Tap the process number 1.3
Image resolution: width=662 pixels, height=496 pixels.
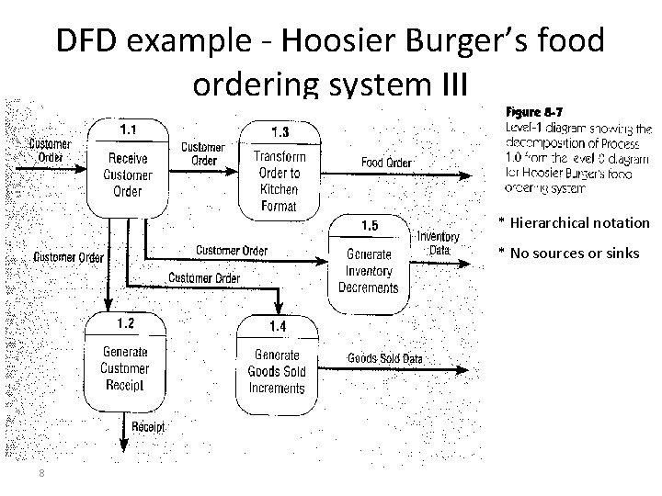coord(280,131)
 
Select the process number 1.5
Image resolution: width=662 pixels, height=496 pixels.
coord(369,226)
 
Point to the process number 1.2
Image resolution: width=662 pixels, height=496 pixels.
coord(126,323)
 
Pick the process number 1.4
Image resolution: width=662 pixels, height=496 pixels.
coord(278,326)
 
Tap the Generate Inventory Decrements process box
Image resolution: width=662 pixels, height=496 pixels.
coord(369,270)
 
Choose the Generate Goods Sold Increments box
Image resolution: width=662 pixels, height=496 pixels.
coord(277,372)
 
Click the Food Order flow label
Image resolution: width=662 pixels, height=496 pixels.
coord(386,163)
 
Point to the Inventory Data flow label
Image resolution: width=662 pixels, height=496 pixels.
coord(439,243)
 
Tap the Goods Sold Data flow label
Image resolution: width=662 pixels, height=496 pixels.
coord(384,358)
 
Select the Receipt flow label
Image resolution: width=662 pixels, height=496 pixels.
coord(148,427)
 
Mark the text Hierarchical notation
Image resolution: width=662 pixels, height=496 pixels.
coord(578,222)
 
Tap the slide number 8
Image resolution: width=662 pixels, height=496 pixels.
coord(42,473)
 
